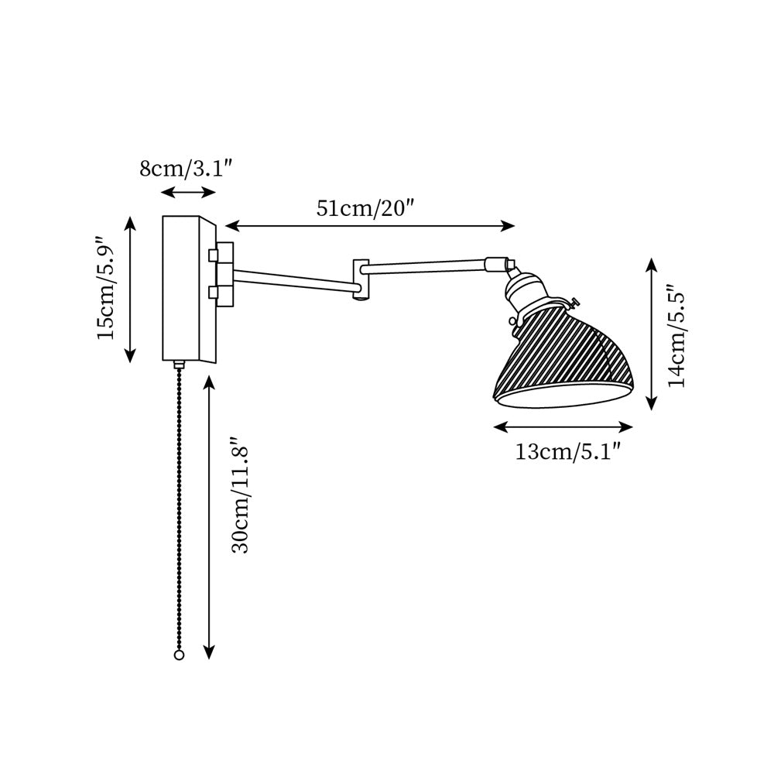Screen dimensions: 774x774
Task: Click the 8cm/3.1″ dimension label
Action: point(186,168)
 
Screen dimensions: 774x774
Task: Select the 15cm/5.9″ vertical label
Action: point(106,288)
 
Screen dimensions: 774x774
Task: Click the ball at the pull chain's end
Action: point(179,656)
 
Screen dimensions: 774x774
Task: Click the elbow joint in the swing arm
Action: point(361,280)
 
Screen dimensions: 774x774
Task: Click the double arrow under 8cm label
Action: point(188,192)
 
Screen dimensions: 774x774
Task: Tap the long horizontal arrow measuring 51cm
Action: point(370,226)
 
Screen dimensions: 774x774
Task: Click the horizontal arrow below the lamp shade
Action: point(563,426)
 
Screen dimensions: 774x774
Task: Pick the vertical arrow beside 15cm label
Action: point(131,289)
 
